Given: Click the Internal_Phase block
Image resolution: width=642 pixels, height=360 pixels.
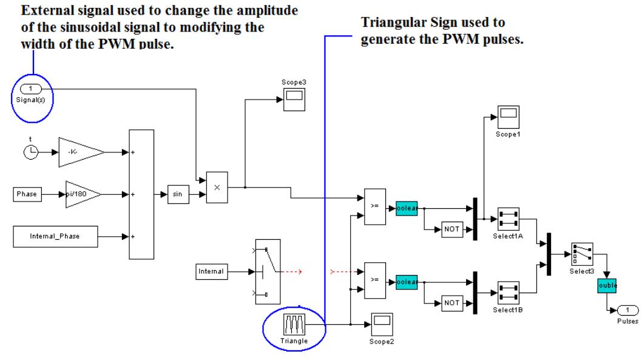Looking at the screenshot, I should [x=55, y=236].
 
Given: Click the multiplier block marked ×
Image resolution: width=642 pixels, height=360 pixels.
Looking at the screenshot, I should [x=217, y=187].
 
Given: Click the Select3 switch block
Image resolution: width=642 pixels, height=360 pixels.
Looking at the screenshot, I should [x=582, y=252].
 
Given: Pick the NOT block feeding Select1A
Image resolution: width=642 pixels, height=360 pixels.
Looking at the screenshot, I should [x=452, y=229].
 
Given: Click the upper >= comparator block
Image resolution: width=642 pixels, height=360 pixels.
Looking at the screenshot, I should [x=374, y=206].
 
